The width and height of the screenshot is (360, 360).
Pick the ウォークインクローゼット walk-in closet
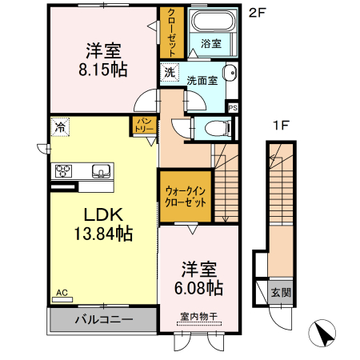[x=186, y=197]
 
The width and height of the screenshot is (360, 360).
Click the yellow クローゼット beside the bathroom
[x=171, y=32]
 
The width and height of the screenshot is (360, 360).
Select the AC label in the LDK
[x=62, y=294]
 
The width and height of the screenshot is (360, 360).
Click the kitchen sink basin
[x=100, y=170]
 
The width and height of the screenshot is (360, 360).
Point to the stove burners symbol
[x=63, y=171]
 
